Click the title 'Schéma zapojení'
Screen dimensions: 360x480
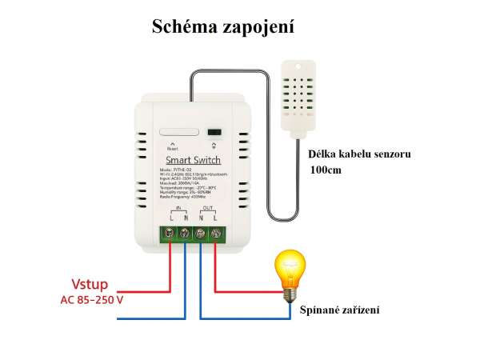point(224,27)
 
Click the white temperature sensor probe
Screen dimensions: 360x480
point(305,95)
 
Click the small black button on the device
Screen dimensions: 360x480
point(214,134)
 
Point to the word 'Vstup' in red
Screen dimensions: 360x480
point(90,284)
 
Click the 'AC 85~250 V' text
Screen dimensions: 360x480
point(93,300)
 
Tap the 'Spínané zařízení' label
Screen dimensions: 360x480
point(339,310)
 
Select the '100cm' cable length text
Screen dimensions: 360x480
point(326,170)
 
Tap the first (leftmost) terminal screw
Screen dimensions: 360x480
point(172,234)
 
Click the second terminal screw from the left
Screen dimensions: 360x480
point(186,234)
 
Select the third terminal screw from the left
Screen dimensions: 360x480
point(200,234)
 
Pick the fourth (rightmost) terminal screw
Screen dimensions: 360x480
point(214,234)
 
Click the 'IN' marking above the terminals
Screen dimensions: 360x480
point(178,206)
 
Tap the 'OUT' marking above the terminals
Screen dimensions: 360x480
point(207,206)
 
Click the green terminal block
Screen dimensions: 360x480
point(193,234)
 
